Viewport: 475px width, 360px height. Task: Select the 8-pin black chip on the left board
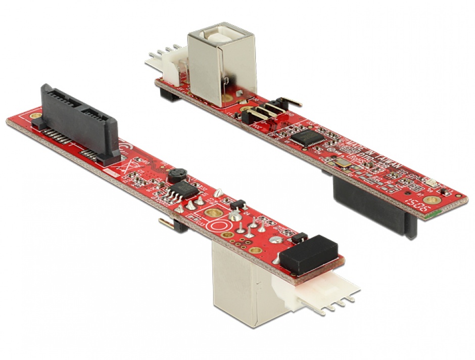click(178, 193)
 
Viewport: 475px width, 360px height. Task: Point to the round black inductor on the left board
click(175, 175)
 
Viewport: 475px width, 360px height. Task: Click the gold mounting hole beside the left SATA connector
click(35, 116)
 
